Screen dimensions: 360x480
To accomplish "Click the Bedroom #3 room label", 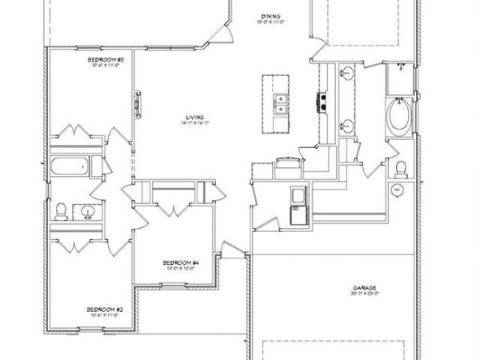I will tap(106, 59).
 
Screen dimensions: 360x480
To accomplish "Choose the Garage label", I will tap(363, 287).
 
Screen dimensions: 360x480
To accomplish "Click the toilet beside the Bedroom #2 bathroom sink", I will tap(62, 210).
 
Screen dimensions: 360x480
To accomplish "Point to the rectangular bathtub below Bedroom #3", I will tap(69, 167).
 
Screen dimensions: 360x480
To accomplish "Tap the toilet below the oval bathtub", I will tap(400, 169).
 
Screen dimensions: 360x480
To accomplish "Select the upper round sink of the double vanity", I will tap(346, 76).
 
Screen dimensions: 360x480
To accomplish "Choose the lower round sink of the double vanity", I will tap(346, 126).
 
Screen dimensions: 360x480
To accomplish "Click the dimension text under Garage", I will tap(363, 294).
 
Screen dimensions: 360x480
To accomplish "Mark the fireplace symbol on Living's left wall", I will tap(138, 105).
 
